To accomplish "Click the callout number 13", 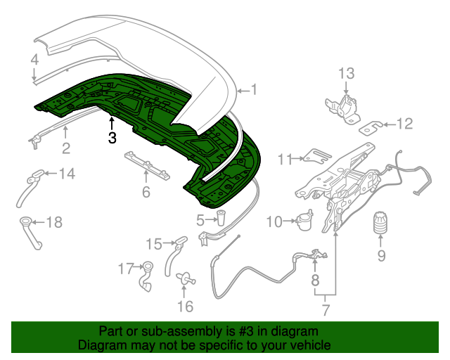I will pos(347,74).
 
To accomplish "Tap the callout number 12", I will pos(404,124).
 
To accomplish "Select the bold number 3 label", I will pos(112,138).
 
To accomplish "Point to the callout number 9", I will pos(382,255).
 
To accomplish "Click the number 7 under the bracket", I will pos(326,308).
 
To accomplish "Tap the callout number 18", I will pos(54,223).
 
